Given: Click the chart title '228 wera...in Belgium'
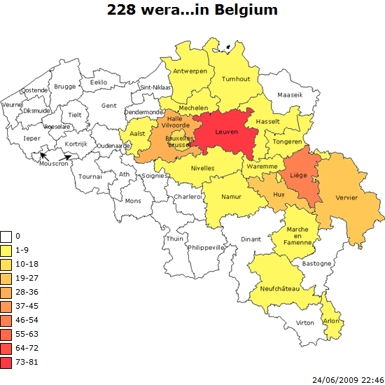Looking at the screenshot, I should click(x=192, y=10).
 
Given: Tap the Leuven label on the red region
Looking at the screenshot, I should click(x=224, y=132).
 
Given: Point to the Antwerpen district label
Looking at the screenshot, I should click(x=190, y=71).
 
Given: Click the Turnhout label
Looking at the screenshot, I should click(x=235, y=79).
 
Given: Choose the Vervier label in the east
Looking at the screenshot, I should click(x=346, y=198).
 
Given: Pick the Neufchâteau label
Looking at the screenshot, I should click(x=279, y=288).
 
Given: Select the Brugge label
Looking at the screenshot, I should click(x=64, y=87).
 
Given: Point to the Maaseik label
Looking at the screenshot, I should click(x=290, y=94).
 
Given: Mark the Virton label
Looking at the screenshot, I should click(x=305, y=323).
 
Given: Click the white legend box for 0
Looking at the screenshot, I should click(x=6, y=237).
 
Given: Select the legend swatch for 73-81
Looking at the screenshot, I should click(x=6, y=363).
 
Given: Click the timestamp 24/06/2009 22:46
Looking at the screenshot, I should click(x=347, y=379).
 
